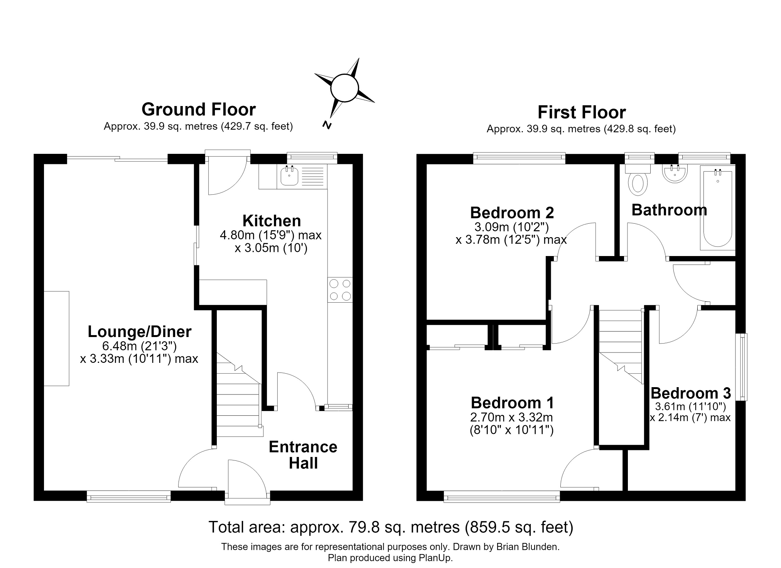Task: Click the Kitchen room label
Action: click(272, 221)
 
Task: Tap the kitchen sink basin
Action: click(289, 176)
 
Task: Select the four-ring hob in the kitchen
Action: click(340, 290)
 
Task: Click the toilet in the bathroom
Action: click(638, 180)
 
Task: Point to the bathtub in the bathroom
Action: click(718, 208)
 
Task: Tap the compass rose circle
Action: click(344, 88)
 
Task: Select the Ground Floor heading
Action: click(199, 110)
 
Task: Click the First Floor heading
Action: click(582, 113)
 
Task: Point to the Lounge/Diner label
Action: click(140, 332)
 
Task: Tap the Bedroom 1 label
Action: click(512, 403)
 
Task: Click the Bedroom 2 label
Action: click(512, 212)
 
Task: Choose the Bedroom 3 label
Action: click(690, 393)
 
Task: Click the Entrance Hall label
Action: click(303, 455)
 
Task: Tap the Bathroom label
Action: click(669, 210)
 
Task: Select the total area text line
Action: click(391, 527)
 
